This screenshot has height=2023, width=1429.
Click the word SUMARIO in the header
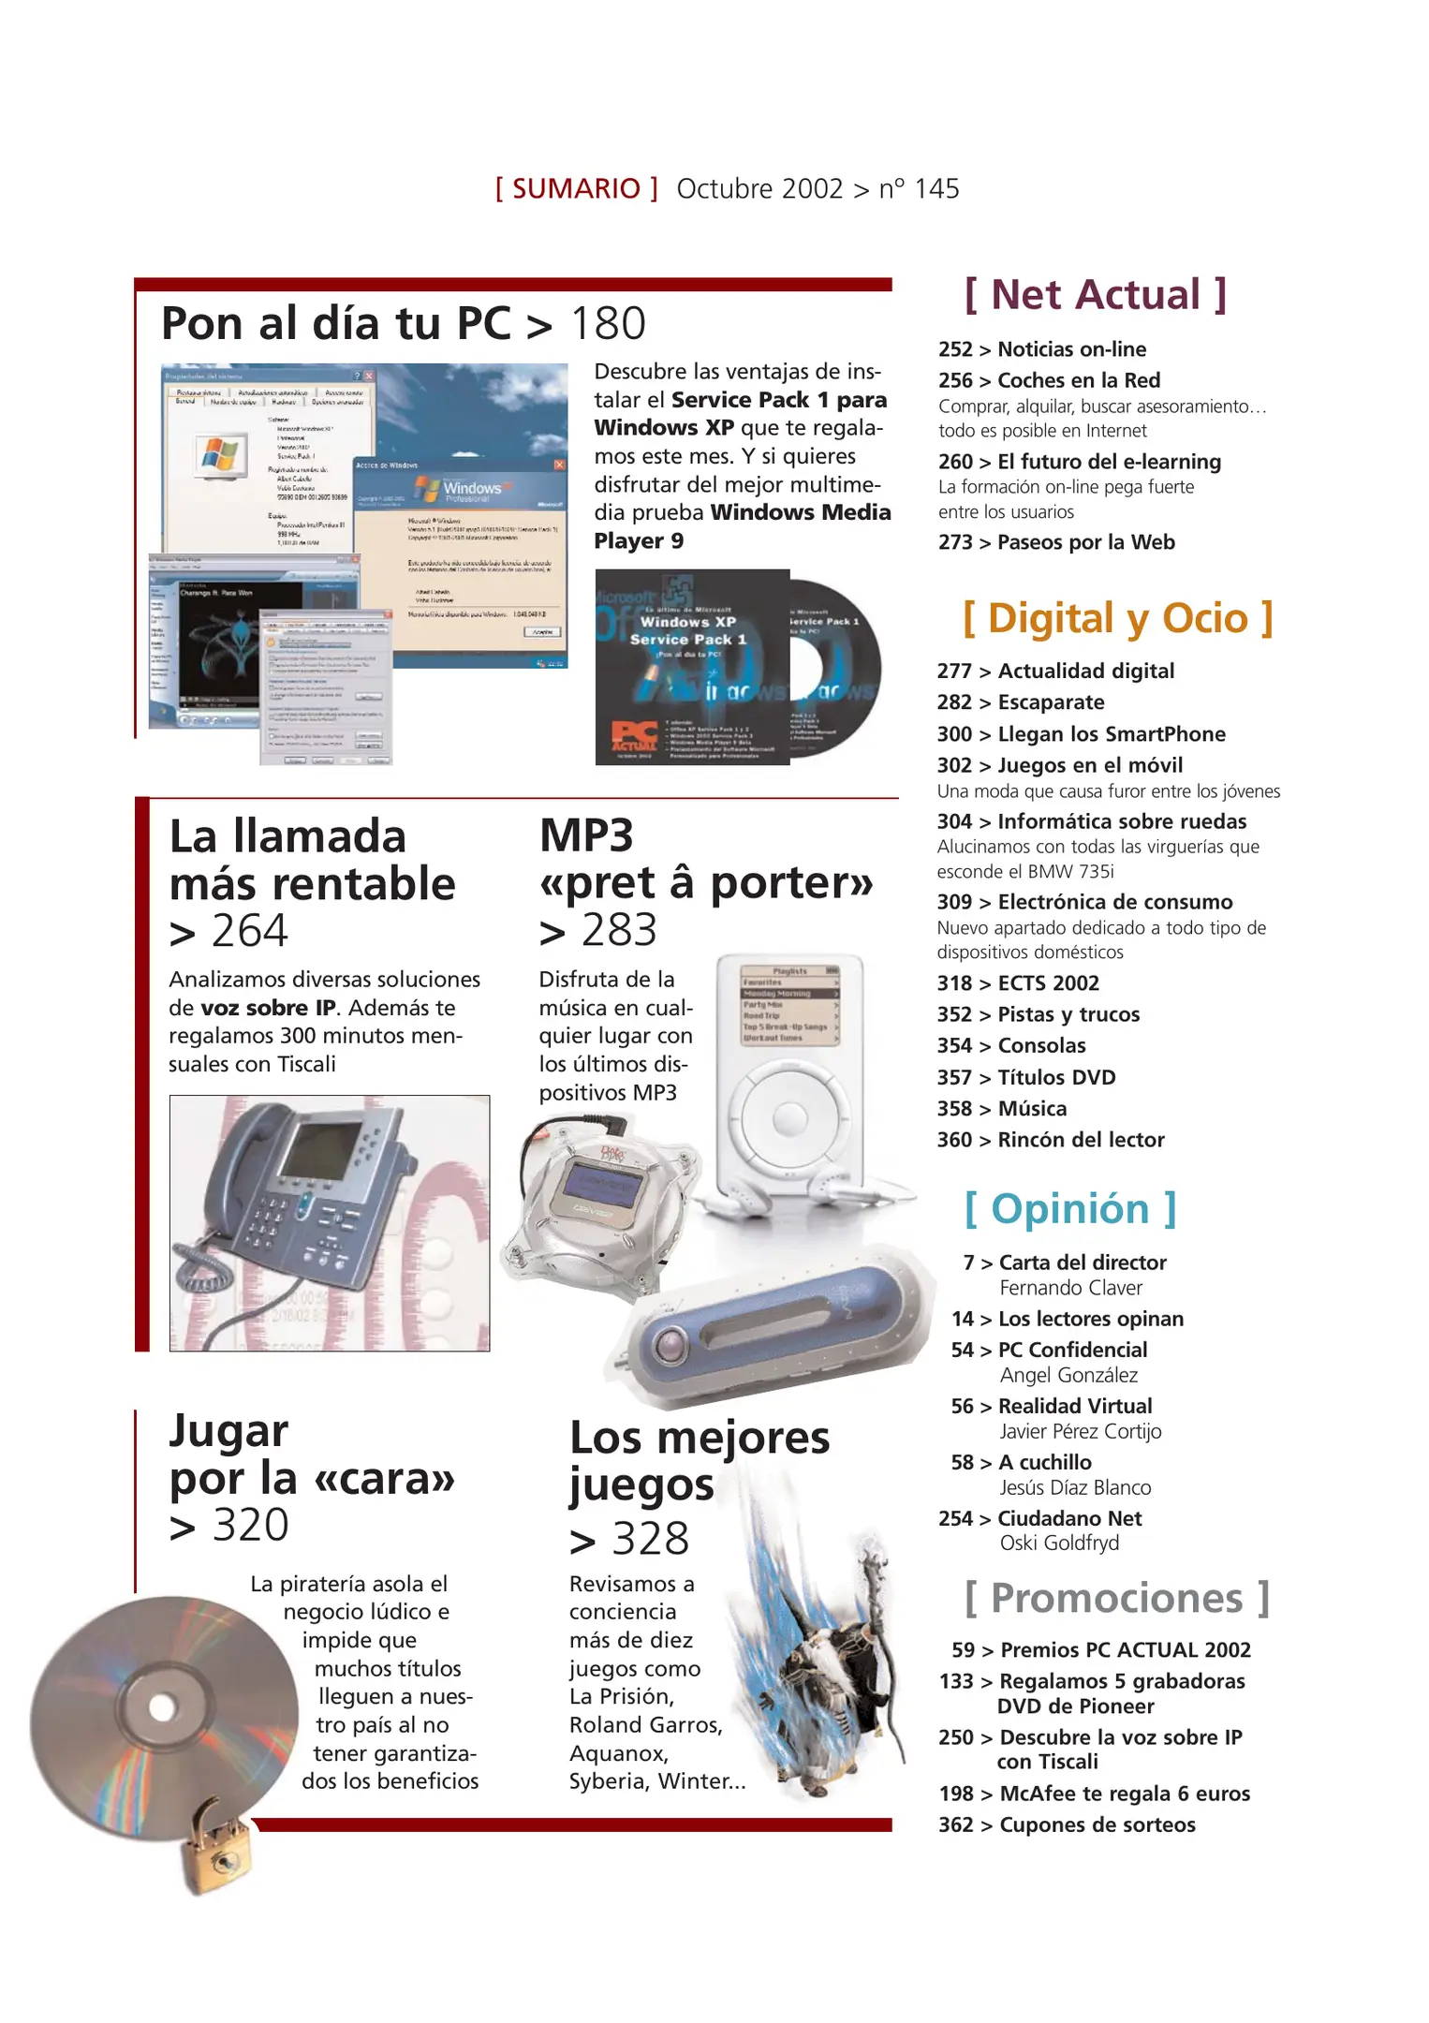point(576,189)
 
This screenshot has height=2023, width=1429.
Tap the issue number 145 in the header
point(936,189)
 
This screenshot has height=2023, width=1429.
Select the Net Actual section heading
point(1095,295)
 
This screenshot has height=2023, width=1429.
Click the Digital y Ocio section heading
point(1118,619)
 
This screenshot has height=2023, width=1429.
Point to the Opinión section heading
point(1070,1209)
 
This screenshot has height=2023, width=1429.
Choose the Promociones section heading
point(1116,1599)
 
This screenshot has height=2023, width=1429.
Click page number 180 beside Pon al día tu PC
point(608,324)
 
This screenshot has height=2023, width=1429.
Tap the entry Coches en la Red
point(1078,380)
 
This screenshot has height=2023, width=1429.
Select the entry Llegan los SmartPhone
point(1111,734)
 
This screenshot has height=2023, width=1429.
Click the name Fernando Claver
point(1070,1288)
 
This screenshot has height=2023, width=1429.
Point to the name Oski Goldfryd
point(1058,1543)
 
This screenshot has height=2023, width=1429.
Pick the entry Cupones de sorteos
point(1097,1824)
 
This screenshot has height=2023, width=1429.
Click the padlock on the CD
point(216,1850)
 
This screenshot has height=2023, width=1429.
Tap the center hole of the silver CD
point(162,1706)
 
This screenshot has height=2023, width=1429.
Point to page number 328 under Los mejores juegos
point(650,1539)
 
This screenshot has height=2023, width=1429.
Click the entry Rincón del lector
point(1080,1140)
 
